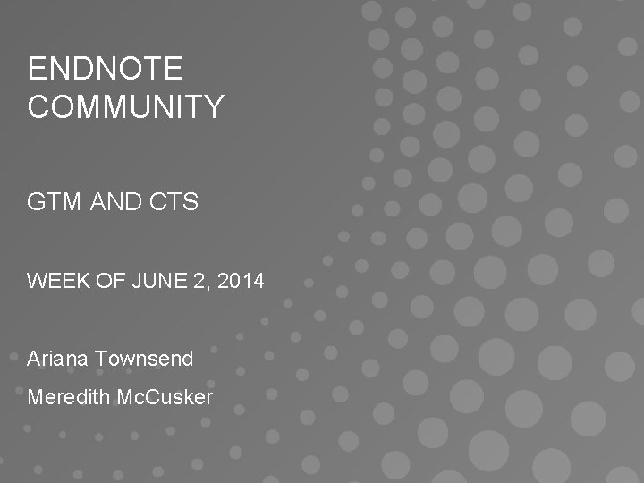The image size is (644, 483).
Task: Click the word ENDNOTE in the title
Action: pyautogui.click(x=105, y=69)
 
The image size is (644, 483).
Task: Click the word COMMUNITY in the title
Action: pyautogui.click(x=125, y=107)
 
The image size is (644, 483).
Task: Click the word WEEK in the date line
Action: pyautogui.click(x=54, y=282)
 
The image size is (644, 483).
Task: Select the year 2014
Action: pyautogui.click(x=241, y=282)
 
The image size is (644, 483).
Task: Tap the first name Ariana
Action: pyautogui.click(x=57, y=360)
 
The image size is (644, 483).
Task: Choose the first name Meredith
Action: pyautogui.click(x=69, y=397)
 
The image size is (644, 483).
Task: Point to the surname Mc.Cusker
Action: pyautogui.click(x=165, y=397)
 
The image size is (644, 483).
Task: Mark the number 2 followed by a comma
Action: pyautogui.click(x=201, y=282)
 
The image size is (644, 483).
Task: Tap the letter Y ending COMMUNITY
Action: pyautogui.click(x=214, y=107)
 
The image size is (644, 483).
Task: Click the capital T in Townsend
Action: pyautogui.click(x=100, y=360)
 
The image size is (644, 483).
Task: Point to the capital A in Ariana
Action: pyautogui.click(x=33, y=360)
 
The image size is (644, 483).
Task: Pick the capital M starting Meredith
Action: pyautogui.click(x=35, y=397)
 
